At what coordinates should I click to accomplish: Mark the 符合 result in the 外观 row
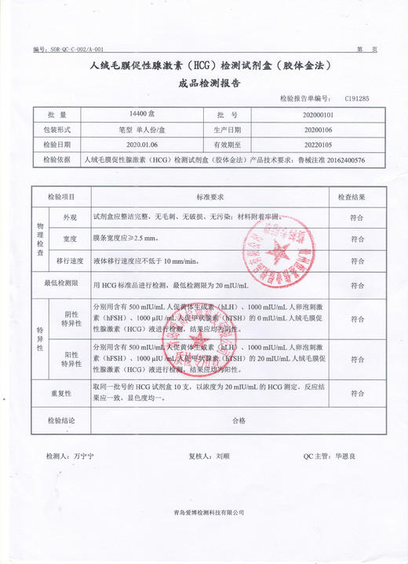356,218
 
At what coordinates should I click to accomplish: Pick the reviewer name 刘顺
223,456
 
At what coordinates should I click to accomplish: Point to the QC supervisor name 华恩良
345,456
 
